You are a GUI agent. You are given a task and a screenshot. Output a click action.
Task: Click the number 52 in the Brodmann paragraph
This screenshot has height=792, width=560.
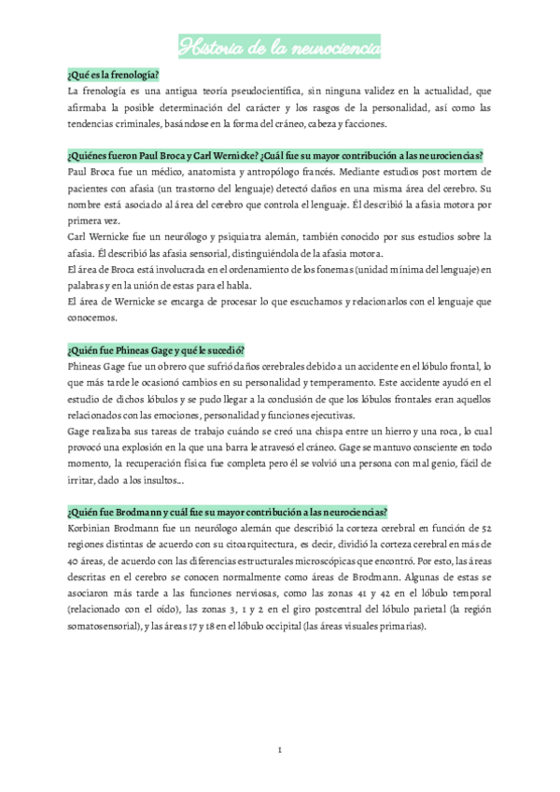[500, 530]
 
